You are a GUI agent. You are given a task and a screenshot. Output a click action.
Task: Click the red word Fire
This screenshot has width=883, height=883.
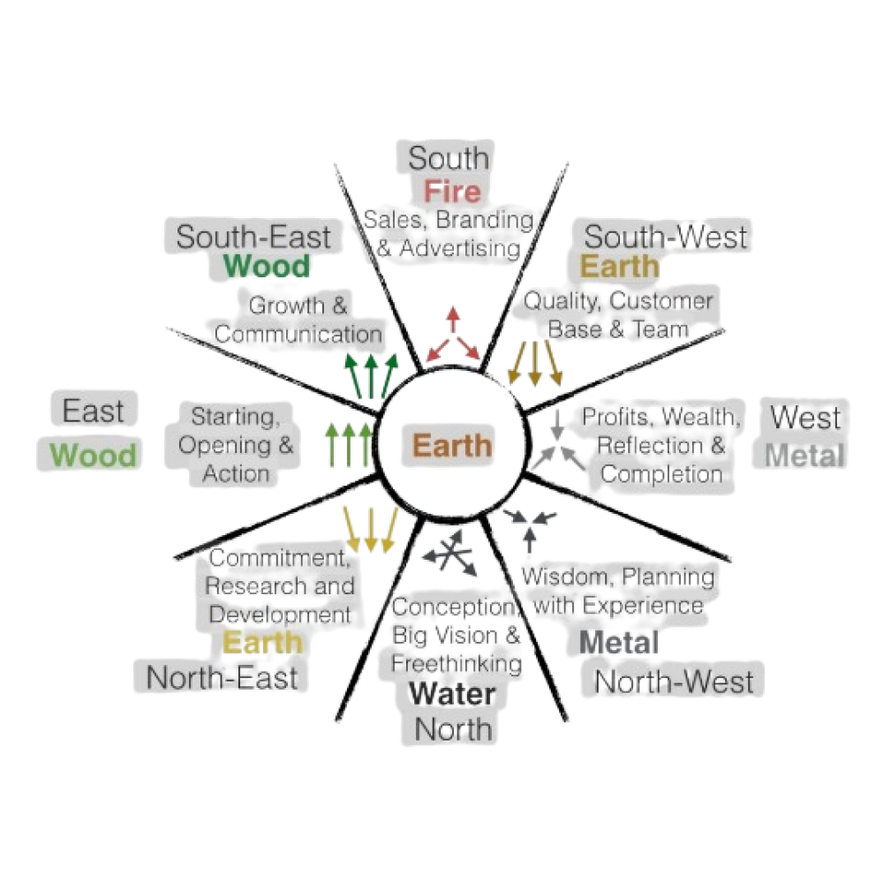coord(451,192)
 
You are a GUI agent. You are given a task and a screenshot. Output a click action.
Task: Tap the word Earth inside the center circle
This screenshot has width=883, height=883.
coord(451,444)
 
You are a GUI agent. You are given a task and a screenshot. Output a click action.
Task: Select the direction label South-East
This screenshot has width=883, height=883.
coord(253,237)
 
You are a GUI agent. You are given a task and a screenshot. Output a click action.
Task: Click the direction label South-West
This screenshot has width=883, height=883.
coord(666,237)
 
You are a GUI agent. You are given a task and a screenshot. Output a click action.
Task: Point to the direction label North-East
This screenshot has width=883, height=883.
coord(222,678)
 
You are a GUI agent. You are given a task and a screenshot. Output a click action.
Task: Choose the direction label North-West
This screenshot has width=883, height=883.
coord(675,682)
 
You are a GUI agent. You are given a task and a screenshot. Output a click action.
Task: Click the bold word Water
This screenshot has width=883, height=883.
coord(452,694)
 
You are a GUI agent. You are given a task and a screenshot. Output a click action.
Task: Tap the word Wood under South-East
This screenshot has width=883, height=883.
coord(267,266)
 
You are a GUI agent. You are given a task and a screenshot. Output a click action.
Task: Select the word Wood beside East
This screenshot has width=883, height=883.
coord(94,456)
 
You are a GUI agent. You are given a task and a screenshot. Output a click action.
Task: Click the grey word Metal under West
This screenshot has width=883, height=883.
coord(805,456)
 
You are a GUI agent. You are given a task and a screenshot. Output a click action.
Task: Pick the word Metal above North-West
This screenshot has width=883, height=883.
coord(618,644)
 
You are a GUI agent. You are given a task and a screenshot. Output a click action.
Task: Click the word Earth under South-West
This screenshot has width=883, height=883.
coord(619,266)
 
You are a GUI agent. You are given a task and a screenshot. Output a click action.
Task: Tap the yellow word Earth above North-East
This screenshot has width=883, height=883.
coord(262,642)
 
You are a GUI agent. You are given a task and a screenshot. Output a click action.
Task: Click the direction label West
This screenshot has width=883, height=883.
coord(805,417)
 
